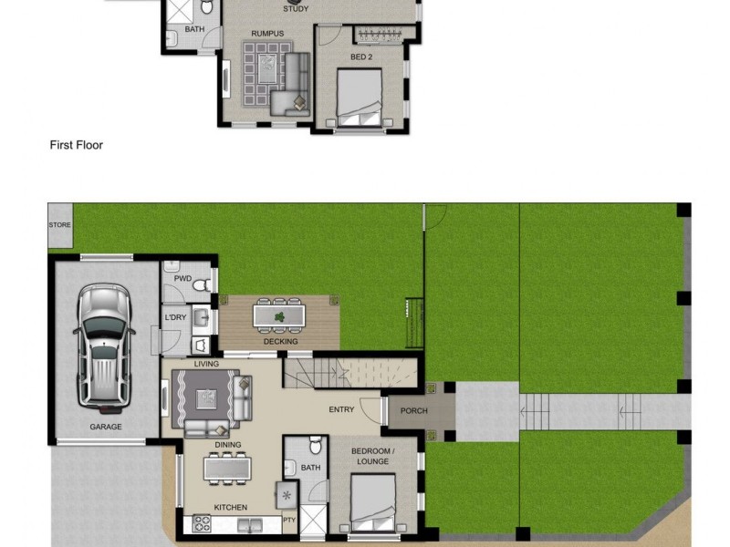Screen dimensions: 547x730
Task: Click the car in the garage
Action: tap(104, 345)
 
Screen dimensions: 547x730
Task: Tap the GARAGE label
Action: tap(106, 427)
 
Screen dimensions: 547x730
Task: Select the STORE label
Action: tap(60, 224)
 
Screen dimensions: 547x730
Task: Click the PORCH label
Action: tap(413, 411)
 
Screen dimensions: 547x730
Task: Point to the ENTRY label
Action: tap(341, 410)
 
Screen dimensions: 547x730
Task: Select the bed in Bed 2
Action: tap(360, 98)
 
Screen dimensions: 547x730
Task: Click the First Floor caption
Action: tap(76, 145)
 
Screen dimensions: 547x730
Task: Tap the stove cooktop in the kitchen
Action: tap(201, 523)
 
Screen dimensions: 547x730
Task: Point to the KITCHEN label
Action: tap(230, 507)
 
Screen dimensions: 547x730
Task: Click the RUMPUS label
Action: tap(267, 34)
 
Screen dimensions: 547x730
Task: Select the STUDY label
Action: tap(296, 9)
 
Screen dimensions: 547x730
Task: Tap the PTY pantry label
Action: tap(289, 521)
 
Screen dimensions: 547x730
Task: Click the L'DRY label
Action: tap(175, 317)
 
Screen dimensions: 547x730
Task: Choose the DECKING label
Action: tap(280, 342)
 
